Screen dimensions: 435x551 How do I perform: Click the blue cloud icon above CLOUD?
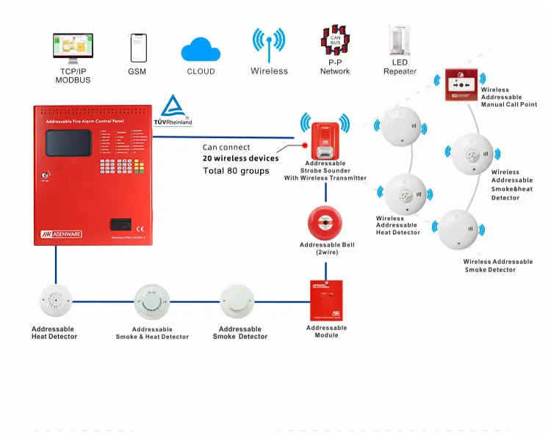[x=201, y=48]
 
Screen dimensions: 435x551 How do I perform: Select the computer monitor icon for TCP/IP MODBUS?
[x=73, y=48]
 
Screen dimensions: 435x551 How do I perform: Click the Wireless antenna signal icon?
[x=269, y=45]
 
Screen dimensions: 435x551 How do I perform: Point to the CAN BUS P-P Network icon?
[x=335, y=43]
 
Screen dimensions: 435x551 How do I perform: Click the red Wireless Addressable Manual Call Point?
[x=461, y=85]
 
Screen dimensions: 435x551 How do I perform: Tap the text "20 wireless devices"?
[x=241, y=158]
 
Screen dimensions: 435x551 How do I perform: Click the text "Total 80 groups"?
[x=237, y=171]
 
